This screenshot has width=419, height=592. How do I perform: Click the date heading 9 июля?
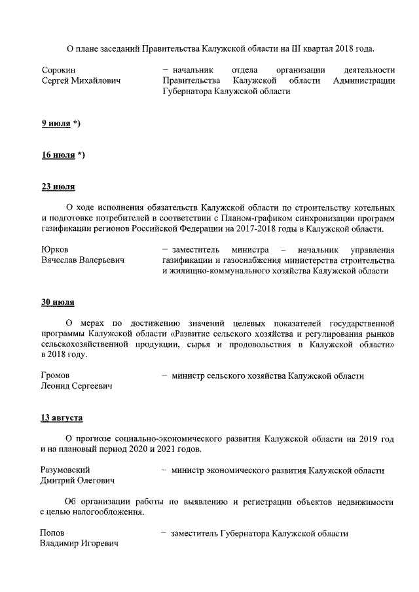point(56,123)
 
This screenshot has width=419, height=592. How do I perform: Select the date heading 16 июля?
point(58,155)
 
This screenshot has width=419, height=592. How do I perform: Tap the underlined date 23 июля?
point(58,187)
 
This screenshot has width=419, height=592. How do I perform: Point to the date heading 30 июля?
point(58,302)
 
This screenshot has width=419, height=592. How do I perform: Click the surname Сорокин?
point(59,70)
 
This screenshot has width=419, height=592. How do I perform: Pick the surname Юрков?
point(55,249)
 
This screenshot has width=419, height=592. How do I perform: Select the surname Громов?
point(56,375)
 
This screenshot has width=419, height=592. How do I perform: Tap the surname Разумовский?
point(65,470)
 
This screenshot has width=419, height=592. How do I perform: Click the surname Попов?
point(52,533)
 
